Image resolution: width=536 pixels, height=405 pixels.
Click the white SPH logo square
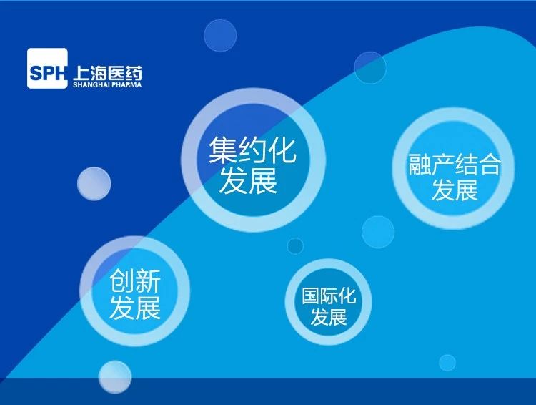47,69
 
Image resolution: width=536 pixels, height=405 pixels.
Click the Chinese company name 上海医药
107,73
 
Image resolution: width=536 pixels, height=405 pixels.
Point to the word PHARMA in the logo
126,84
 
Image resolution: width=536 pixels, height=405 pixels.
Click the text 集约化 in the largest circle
252,150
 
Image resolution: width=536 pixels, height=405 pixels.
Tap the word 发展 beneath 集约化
249,180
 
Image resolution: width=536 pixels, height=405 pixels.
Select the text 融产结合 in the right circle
455,165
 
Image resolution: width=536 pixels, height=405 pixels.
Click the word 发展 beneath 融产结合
455,190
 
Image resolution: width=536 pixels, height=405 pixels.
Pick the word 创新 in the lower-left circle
135,280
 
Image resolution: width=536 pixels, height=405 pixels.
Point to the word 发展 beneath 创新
135,308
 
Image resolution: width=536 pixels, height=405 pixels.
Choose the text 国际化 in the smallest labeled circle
329,296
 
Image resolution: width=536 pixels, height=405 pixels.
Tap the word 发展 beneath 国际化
329,317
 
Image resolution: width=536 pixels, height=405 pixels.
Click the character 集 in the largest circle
223,150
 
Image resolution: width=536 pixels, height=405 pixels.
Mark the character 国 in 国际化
310,296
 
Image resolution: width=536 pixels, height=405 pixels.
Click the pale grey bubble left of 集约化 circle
94,183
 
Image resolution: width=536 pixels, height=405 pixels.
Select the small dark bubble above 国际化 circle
295,246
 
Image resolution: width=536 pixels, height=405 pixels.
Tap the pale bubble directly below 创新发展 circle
115,377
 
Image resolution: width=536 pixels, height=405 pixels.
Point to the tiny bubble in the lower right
447,363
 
